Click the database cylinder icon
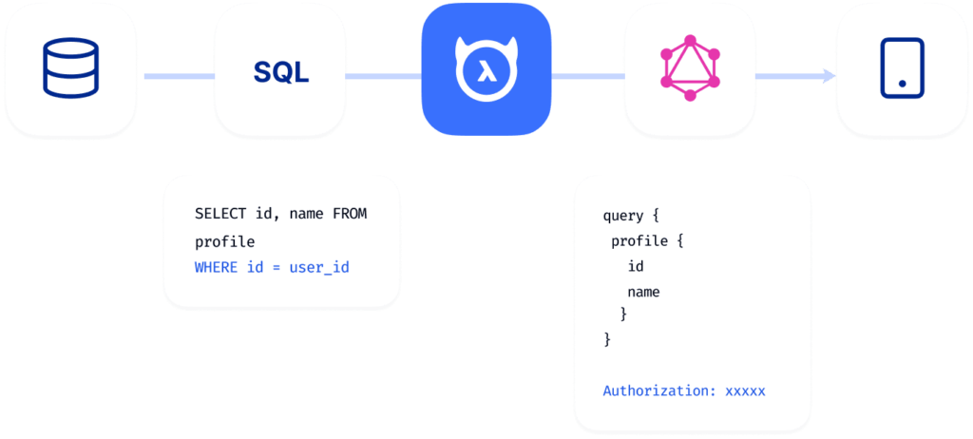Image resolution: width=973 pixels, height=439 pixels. [x=70, y=69]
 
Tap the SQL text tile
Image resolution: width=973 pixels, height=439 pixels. [x=281, y=71]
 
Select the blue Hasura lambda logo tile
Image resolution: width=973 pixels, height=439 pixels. [x=486, y=69]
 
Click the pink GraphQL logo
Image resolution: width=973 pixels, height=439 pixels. [x=691, y=68]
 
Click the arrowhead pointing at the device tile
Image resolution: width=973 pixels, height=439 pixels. [x=830, y=75]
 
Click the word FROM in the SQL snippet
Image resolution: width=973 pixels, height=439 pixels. [x=349, y=215]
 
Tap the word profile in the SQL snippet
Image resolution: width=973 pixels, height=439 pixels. [x=224, y=241]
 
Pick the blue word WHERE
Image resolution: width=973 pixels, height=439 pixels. [x=216, y=268]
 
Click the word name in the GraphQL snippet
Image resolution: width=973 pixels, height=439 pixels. [x=643, y=292]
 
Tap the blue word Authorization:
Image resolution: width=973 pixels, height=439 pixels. [x=659, y=391]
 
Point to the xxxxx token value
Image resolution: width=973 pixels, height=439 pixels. [x=745, y=391]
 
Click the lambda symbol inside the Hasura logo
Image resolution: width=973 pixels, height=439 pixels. [x=486, y=73]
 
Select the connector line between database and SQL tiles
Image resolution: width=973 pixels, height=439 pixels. [x=177, y=75]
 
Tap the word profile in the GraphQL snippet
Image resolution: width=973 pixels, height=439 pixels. [x=639, y=241]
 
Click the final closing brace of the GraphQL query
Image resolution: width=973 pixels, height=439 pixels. [x=607, y=338]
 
